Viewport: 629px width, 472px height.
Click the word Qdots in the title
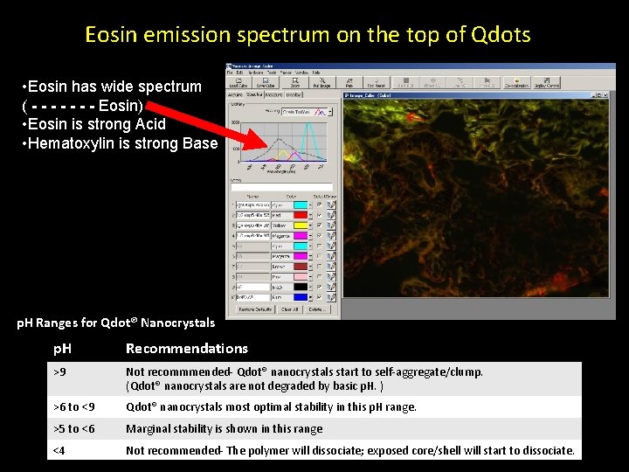click(501, 35)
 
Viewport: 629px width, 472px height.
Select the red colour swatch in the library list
click(301, 214)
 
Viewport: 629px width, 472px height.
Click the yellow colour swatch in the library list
click(301, 225)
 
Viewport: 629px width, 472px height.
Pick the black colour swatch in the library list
click(301, 287)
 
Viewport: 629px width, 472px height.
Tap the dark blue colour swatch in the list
click(301, 297)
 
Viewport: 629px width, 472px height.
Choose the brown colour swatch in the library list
click(301, 266)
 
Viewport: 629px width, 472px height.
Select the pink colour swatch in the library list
click(301, 276)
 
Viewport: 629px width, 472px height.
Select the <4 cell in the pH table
click(59, 451)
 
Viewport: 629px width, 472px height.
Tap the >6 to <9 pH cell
click(73, 407)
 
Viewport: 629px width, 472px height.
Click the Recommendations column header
click(186, 349)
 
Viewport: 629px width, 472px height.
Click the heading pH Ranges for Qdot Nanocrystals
click(115, 323)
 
